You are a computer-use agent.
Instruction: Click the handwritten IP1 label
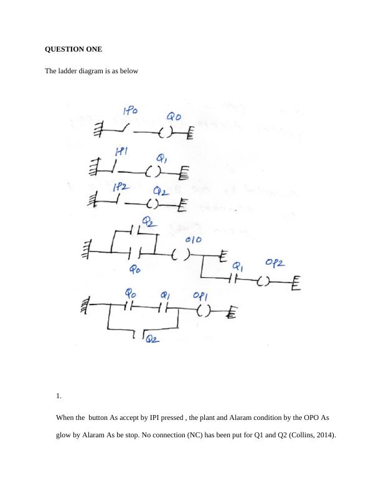[x=121, y=152]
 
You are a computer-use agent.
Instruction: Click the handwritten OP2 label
[x=275, y=263]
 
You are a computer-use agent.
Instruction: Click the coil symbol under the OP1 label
[x=205, y=310]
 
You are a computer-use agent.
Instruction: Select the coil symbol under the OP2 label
[x=263, y=281]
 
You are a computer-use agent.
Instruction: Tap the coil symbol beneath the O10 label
[x=181, y=254]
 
